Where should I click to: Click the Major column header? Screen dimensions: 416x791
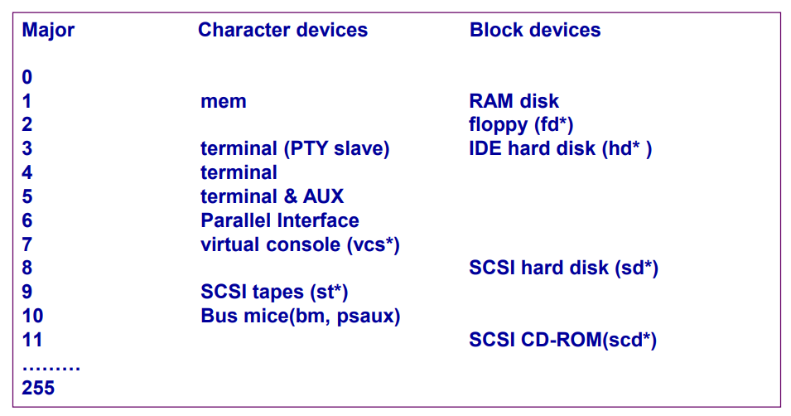coord(48,31)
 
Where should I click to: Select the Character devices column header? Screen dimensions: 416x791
coord(282,31)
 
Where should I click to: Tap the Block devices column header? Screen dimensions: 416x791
coord(535,31)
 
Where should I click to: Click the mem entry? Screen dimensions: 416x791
coord(224,102)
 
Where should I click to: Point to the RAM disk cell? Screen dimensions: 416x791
coord(514,102)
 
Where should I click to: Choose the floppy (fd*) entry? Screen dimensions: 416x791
coord(521,125)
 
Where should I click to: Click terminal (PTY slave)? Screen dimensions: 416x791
coord(295,149)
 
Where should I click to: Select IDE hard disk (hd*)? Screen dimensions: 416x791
coord(561,149)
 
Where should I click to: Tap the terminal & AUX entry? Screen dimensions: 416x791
coord(272,197)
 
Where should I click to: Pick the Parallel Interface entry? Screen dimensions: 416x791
coord(280,221)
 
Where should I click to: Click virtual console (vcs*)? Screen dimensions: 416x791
coord(301,245)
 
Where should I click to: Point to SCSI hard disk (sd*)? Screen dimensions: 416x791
coord(563,268)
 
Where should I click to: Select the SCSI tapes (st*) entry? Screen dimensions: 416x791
coord(274,293)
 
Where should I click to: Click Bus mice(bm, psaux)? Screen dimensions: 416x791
coord(301,317)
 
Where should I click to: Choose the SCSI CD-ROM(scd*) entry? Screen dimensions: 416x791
coord(562,341)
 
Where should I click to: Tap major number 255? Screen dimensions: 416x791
coord(38,387)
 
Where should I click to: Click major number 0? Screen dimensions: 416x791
coord(27,78)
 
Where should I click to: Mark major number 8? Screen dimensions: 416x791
coord(27,268)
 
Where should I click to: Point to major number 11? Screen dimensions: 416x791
coord(32,341)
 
